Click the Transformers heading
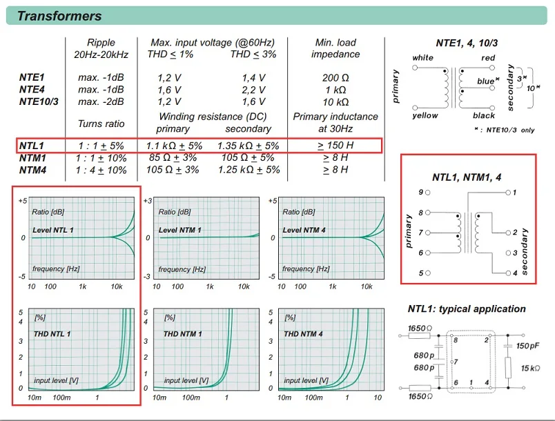tap(59, 16)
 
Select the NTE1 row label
tap(32, 78)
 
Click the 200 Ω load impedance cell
tap(335, 78)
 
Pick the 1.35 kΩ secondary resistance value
tap(249, 146)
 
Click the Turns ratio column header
tap(101, 124)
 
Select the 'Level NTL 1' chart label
tap(53, 230)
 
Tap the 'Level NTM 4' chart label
tap(304, 230)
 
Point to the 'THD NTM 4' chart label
tap(304, 334)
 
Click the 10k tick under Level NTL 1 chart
tap(117, 286)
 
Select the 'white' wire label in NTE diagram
tap(422, 58)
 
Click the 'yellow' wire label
tap(425, 115)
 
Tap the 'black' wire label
tap(485, 115)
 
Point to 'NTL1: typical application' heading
tap(467, 309)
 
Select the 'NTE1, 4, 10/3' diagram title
tap(467, 43)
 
